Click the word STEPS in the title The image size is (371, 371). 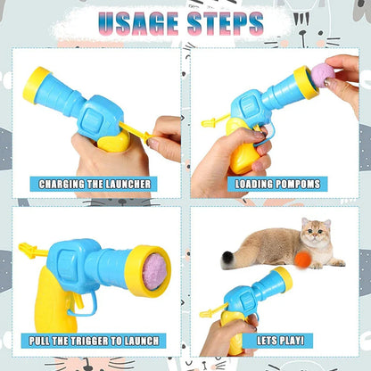point(230,22)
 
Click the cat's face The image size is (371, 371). point(315,235)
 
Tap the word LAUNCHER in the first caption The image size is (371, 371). point(126,185)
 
